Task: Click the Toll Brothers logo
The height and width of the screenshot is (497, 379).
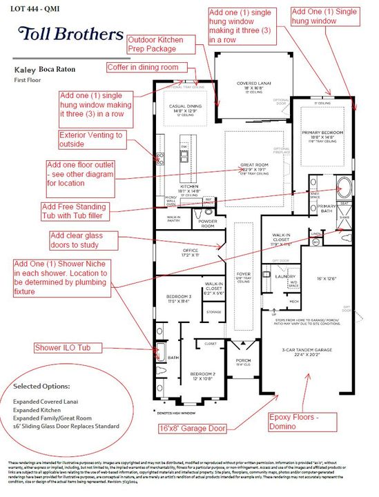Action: (67, 34)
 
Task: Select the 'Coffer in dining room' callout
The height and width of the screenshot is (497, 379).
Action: (142, 67)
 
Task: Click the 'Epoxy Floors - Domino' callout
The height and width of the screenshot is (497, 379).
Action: (303, 420)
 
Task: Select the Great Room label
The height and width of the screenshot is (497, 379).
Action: (254, 169)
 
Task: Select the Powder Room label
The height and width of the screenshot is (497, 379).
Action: (207, 224)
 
